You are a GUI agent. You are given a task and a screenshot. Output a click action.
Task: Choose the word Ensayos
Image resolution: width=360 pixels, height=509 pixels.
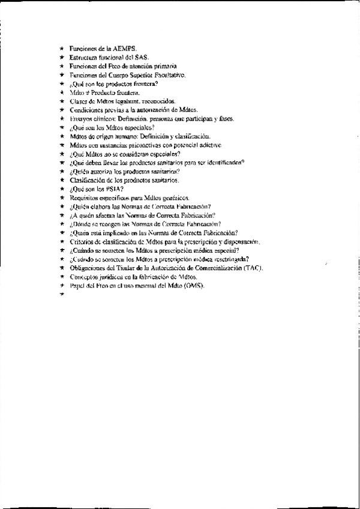pos(80,119)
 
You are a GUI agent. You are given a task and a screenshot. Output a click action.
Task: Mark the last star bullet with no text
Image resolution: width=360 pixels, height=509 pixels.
pos(62,295)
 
